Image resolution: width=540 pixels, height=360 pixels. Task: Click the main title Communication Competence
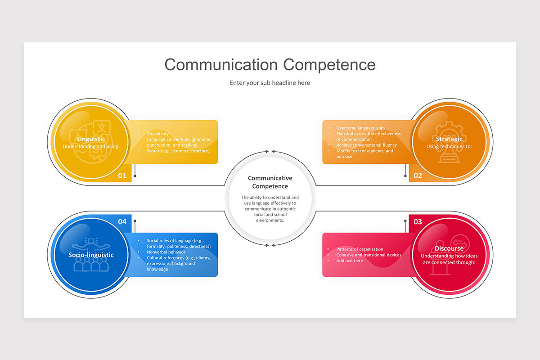pyautogui.click(x=270, y=64)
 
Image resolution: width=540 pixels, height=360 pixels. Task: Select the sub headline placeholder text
pyautogui.click(x=270, y=83)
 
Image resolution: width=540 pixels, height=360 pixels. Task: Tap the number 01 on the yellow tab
pyautogui.click(x=122, y=175)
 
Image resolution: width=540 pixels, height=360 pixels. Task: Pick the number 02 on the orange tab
pyautogui.click(x=418, y=175)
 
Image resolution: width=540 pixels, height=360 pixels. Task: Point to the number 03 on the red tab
pyautogui.click(x=418, y=221)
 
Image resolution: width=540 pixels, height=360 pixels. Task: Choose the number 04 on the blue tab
pyautogui.click(x=122, y=221)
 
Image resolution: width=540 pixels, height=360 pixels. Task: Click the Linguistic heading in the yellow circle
pyautogui.click(x=91, y=139)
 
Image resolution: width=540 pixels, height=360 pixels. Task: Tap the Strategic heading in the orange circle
pyautogui.click(x=449, y=139)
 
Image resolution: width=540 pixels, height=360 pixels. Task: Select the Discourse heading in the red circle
pyautogui.click(x=449, y=248)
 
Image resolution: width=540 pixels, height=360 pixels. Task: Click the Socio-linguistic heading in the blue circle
pyautogui.click(x=91, y=255)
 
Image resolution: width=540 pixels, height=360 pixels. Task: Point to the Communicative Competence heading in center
pyautogui.click(x=270, y=182)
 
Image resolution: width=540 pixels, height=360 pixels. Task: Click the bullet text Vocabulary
pyautogui.click(x=157, y=134)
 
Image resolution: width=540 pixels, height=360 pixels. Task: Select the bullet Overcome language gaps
pyautogui.click(x=360, y=128)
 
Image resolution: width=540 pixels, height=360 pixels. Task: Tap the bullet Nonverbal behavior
pyautogui.click(x=166, y=252)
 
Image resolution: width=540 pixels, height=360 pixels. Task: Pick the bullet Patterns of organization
pyautogui.click(x=360, y=249)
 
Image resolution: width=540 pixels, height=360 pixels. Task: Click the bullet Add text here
pyautogui.click(x=349, y=261)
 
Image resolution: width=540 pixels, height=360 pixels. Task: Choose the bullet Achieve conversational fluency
pyautogui.click(x=366, y=145)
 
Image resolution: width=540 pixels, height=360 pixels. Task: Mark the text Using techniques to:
pyautogui.click(x=449, y=147)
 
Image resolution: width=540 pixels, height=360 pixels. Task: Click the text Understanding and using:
pyautogui.click(x=91, y=147)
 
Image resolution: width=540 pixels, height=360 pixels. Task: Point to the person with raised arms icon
pyautogui.click(x=91, y=245)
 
